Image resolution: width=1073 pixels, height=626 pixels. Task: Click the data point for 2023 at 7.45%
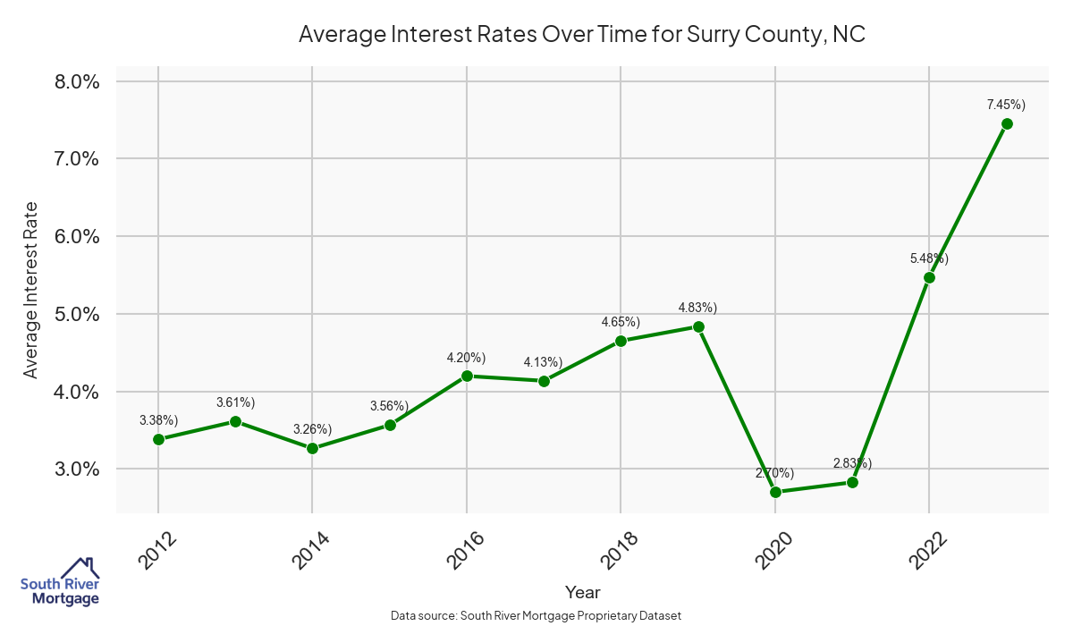coord(1007,124)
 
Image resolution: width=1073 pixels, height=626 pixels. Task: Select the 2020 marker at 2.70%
coord(775,493)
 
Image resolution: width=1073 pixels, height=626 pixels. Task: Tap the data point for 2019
coord(698,327)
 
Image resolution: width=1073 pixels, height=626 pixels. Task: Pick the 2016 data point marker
coord(467,376)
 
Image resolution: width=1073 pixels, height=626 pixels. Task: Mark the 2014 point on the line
coord(312,448)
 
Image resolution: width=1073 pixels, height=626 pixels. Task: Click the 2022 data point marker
coord(930,277)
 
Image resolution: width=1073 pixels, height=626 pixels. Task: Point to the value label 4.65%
coord(621,322)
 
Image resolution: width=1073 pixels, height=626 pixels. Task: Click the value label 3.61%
coord(235,402)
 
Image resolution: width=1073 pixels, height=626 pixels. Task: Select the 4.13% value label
coord(543,362)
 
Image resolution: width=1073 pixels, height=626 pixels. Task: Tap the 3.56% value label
coord(390,406)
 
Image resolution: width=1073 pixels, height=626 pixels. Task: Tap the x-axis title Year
coord(583,592)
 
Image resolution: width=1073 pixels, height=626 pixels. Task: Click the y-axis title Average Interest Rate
coord(31,290)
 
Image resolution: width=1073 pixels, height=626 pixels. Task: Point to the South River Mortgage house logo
coord(60,582)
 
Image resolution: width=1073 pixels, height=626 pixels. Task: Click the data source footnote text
coord(536,616)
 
